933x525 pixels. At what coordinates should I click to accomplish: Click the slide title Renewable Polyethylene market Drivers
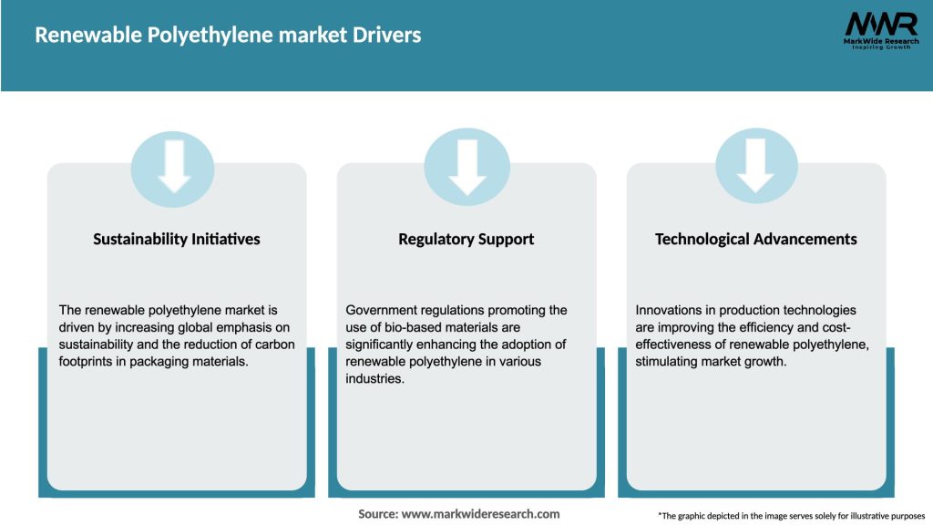coord(228,36)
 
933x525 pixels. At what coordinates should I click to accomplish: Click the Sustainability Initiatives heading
coord(177,239)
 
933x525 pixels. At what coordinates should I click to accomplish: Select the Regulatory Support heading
coord(466,239)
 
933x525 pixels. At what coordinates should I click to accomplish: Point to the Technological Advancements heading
coord(756,239)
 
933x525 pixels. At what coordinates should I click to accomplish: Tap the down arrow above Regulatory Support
coord(466,165)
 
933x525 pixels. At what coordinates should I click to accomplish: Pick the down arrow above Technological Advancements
coord(755,165)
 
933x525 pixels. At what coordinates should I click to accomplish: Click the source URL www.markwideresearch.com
coord(480,514)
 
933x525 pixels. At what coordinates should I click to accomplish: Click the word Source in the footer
coord(378,514)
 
